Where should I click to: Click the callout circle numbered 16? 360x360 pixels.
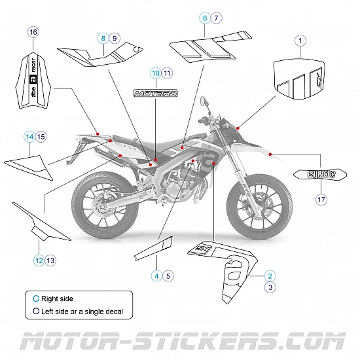click(33, 31)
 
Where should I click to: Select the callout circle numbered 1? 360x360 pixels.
click(300, 41)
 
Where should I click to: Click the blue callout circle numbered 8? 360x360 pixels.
click(103, 38)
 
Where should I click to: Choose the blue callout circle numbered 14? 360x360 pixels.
click(29, 137)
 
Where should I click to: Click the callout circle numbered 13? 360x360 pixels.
click(50, 260)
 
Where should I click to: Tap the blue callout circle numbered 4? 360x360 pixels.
click(156, 276)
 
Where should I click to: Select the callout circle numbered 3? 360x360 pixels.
click(270, 287)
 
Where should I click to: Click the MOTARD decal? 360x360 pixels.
click(156, 93)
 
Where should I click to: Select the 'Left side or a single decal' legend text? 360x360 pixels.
click(82, 312)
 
